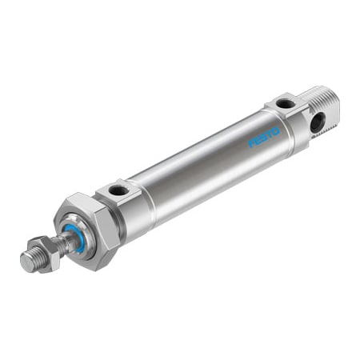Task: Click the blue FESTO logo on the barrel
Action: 264,138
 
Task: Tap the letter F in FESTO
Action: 251,143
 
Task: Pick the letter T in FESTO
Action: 270,134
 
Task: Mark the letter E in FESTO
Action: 258,141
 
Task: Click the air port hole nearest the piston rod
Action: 117,190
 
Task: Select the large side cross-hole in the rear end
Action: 318,122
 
